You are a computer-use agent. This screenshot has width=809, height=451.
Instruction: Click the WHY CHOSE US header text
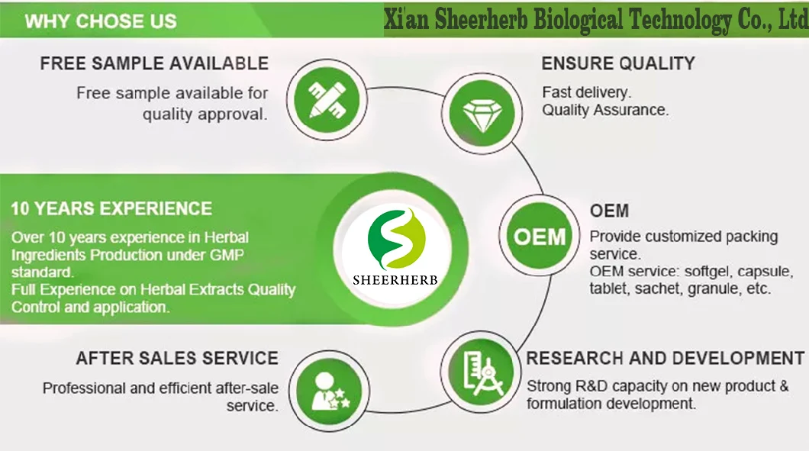pyautogui.click(x=101, y=21)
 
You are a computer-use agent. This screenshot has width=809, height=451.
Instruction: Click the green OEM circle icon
pyautogui.click(x=540, y=235)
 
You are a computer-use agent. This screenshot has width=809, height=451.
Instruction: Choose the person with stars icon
pyautogui.click(x=330, y=389)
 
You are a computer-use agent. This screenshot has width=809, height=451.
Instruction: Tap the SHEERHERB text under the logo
pyautogui.click(x=395, y=279)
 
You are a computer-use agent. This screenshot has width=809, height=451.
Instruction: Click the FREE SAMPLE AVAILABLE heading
pyautogui.click(x=154, y=63)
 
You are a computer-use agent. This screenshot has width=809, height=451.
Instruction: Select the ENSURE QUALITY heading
pyautogui.click(x=618, y=63)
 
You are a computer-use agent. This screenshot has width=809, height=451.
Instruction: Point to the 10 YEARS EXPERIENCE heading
pyautogui.click(x=111, y=208)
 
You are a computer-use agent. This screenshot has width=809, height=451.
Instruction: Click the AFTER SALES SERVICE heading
pyautogui.click(x=177, y=358)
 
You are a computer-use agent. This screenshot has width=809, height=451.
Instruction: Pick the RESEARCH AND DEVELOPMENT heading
pyautogui.click(x=665, y=358)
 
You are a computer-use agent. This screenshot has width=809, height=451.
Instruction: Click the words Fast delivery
pyautogui.click(x=586, y=92)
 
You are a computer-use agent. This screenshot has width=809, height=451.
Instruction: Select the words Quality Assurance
pyautogui.click(x=605, y=110)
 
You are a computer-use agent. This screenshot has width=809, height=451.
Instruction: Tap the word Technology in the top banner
pyautogui.click(x=669, y=21)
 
